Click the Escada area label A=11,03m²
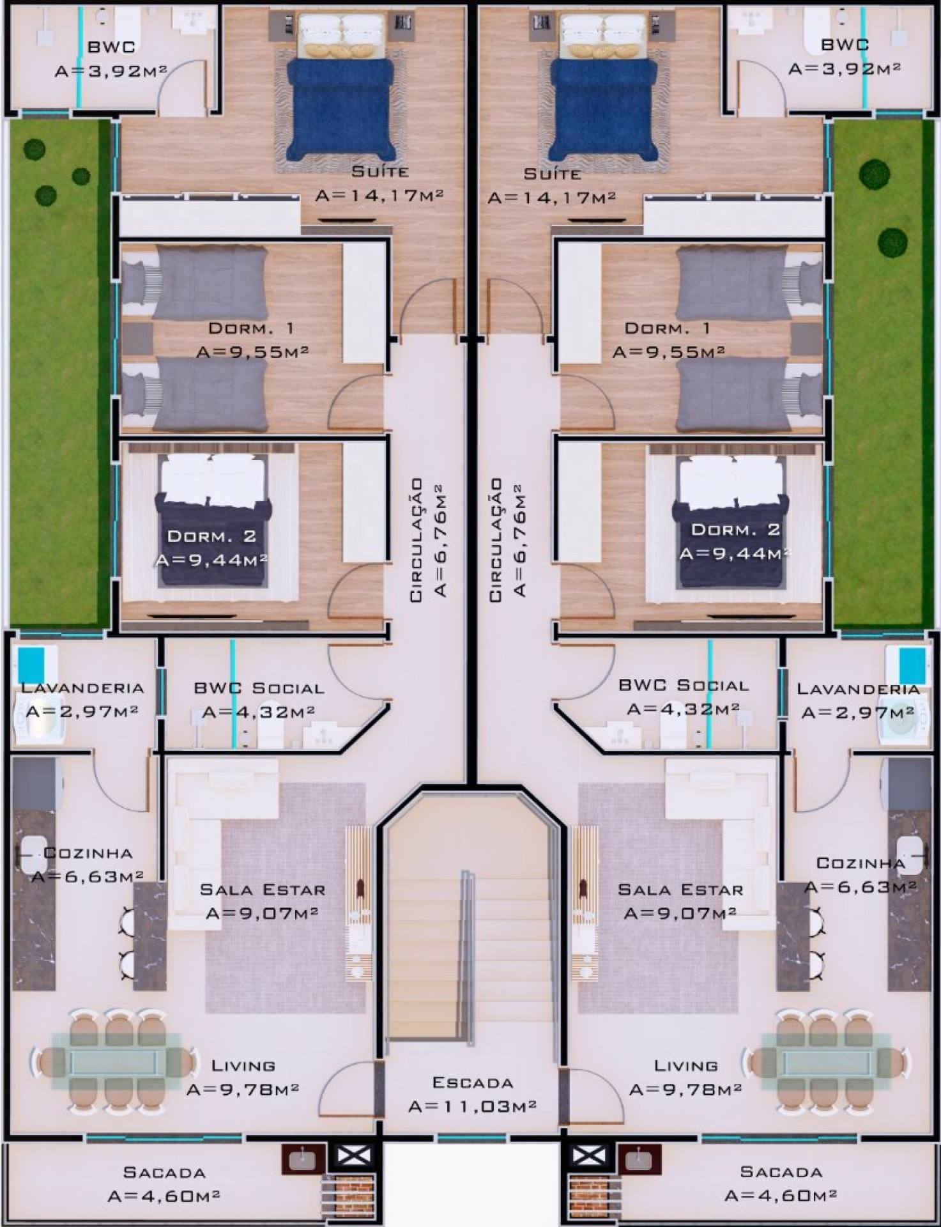pyautogui.click(x=472, y=1106)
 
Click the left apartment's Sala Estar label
pyautogui.click(x=263, y=890)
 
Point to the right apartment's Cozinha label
pyautogui.click(x=861, y=863)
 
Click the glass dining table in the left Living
pyautogui.click(x=115, y=1061)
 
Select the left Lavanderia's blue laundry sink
pyautogui.click(x=30, y=665)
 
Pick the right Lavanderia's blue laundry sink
pyautogui.click(x=912, y=665)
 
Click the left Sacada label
pyautogui.click(x=164, y=1172)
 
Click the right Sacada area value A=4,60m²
pyautogui.click(x=781, y=1195)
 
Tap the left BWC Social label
pyautogui.click(x=259, y=688)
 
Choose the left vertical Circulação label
pyautogui.click(x=416, y=540)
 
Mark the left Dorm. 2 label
pyautogui.click(x=211, y=536)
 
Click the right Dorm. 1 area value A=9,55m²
pyautogui.click(x=668, y=351)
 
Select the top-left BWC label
pyautogui.click(x=111, y=46)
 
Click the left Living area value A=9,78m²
pyautogui.click(x=243, y=1089)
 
